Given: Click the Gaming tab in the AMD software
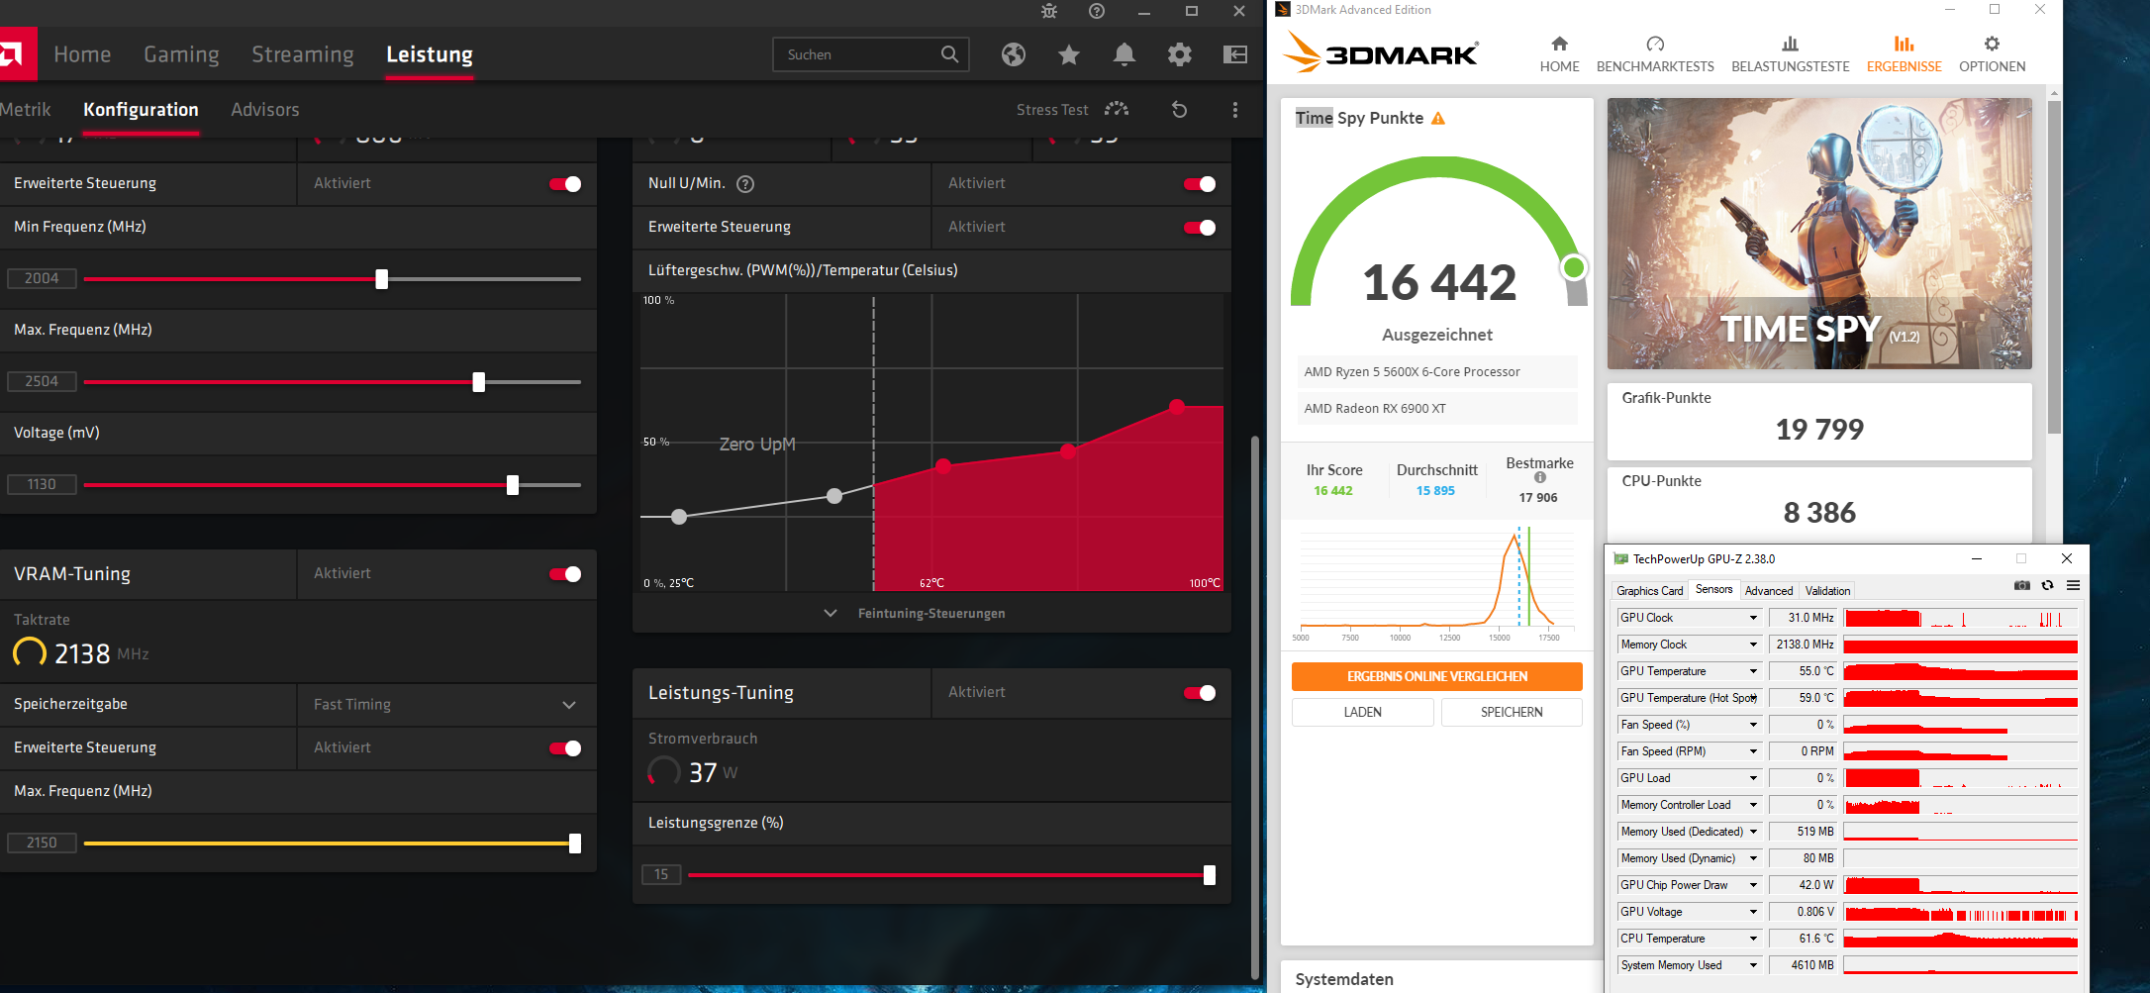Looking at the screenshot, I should pos(181,54).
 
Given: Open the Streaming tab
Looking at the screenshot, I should pos(302,54).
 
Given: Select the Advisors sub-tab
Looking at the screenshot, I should pos(264,110).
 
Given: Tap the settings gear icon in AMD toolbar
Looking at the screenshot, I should pos(1179,54).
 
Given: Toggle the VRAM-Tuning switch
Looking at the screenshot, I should pos(565,574).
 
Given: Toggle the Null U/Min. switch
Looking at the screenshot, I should pos(1200,184).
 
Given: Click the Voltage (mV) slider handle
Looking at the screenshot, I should pos(513,485).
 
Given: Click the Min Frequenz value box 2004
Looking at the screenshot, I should pos(42,278).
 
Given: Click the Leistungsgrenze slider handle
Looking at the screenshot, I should pos(1209,875).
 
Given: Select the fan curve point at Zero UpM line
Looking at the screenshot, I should pos(834,495).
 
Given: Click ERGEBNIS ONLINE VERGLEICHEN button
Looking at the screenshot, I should pos(1436,677).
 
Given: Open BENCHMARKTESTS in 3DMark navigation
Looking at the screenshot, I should pos(1655,54).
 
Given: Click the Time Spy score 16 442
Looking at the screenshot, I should pos(1438,283).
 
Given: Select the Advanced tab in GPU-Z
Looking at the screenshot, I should pos(1768,591).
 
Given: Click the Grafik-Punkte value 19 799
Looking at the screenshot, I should pos(1818,430).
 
